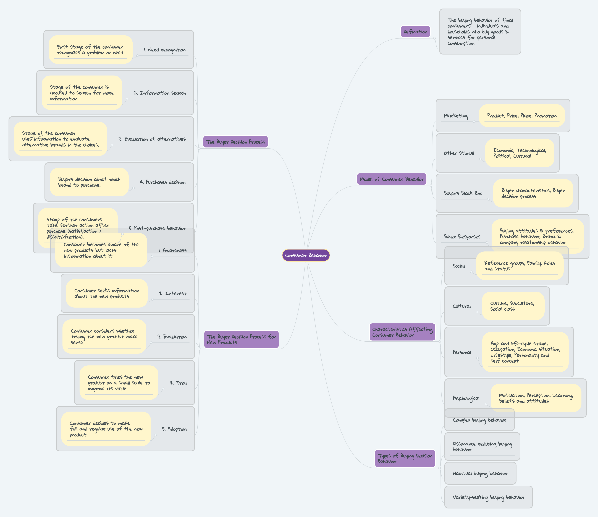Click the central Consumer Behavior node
pos(306,255)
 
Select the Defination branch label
pos(415,32)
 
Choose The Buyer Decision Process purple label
pos(235,142)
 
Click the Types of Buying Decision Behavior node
pos(405,458)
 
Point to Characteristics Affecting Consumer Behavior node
pos(402,332)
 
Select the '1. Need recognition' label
pos(165,50)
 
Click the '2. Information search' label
pos(160,93)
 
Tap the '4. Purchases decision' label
pos(162,182)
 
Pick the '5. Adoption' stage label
pos(174,429)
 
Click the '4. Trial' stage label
pos(178,383)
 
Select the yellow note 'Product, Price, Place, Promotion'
pos(522,116)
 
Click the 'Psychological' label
pos(466,398)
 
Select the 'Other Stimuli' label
pos(459,153)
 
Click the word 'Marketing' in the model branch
pos(456,116)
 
